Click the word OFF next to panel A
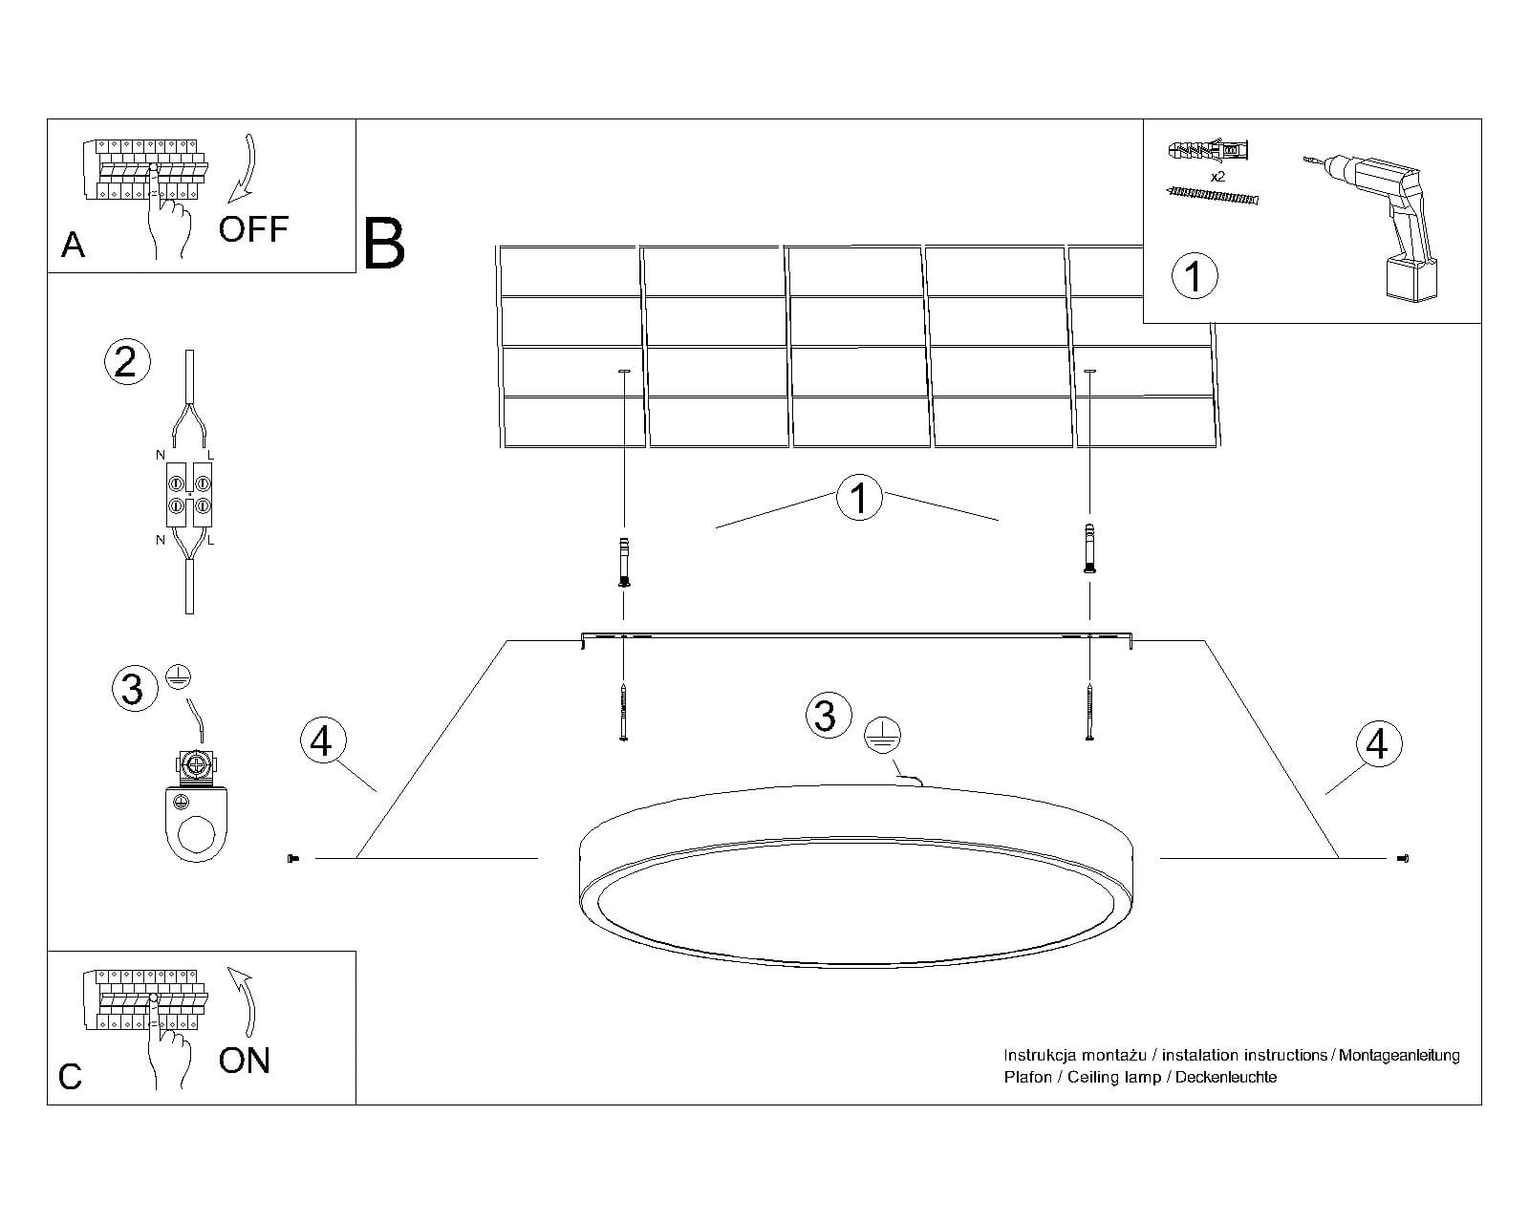pyautogui.click(x=253, y=229)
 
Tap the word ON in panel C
pyautogui.click(x=245, y=1061)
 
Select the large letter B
pyautogui.click(x=384, y=245)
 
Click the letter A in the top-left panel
pyautogui.click(x=73, y=246)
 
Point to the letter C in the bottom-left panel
pyautogui.click(x=71, y=1077)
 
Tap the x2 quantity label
pyautogui.click(x=1217, y=178)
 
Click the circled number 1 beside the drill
pyautogui.click(x=1194, y=276)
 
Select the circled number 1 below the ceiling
pyautogui.click(x=858, y=499)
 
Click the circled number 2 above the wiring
pyautogui.click(x=126, y=362)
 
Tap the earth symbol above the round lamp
pyautogui.click(x=882, y=735)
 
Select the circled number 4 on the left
pyautogui.click(x=322, y=740)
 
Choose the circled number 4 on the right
pyautogui.click(x=1377, y=744)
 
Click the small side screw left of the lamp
pyautogui.click(x=293, y=859)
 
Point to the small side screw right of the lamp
pyautogui.click(x=1403, y=859)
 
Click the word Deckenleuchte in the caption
pyautogui.click(x=1225, y=1077)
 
